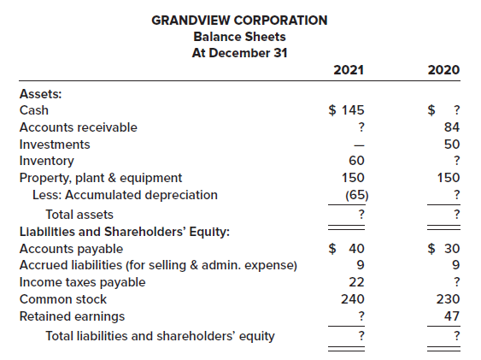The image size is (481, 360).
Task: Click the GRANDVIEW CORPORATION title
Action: (x=239, y=20)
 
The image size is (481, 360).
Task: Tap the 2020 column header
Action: (x=444, y=69)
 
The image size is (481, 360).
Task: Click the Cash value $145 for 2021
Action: (x=349, y=110)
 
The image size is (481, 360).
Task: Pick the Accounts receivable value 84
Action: (x=453, y=127)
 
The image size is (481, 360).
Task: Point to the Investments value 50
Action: (x=453, y=145)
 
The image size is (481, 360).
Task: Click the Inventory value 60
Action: (x=357, y=161)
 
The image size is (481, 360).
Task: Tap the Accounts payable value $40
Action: (x=349, y=249)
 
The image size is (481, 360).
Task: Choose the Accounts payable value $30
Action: (x=444, y=249)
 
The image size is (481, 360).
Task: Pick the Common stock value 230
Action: (x=449, y=299)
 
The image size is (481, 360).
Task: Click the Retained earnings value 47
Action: (x=453, y=316)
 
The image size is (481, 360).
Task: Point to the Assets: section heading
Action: (x=39, y=93)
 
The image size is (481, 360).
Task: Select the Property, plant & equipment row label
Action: (x=100, y=178)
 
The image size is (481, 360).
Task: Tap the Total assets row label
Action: (x=79, y=214)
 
